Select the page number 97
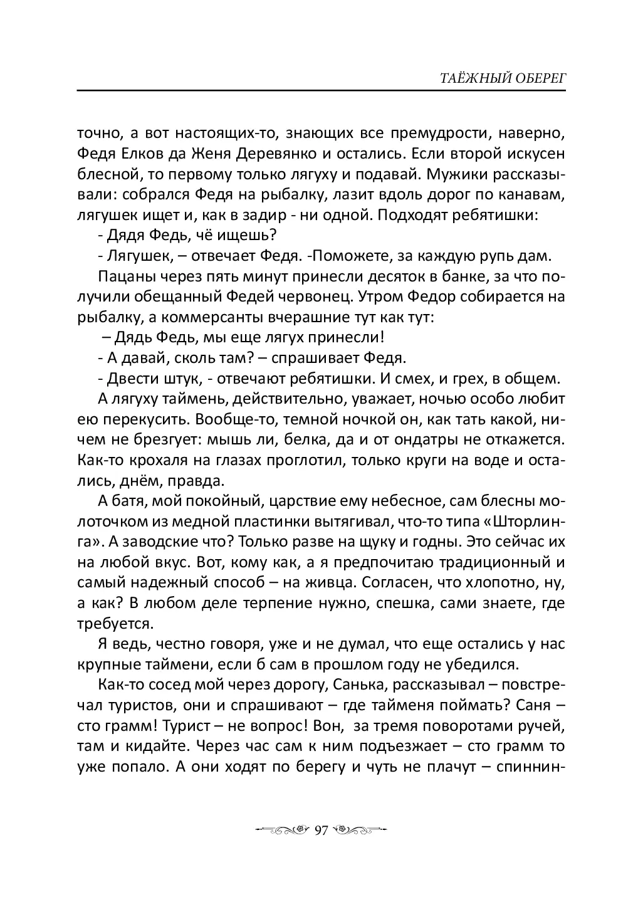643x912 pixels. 321,830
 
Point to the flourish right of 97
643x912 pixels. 360,830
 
